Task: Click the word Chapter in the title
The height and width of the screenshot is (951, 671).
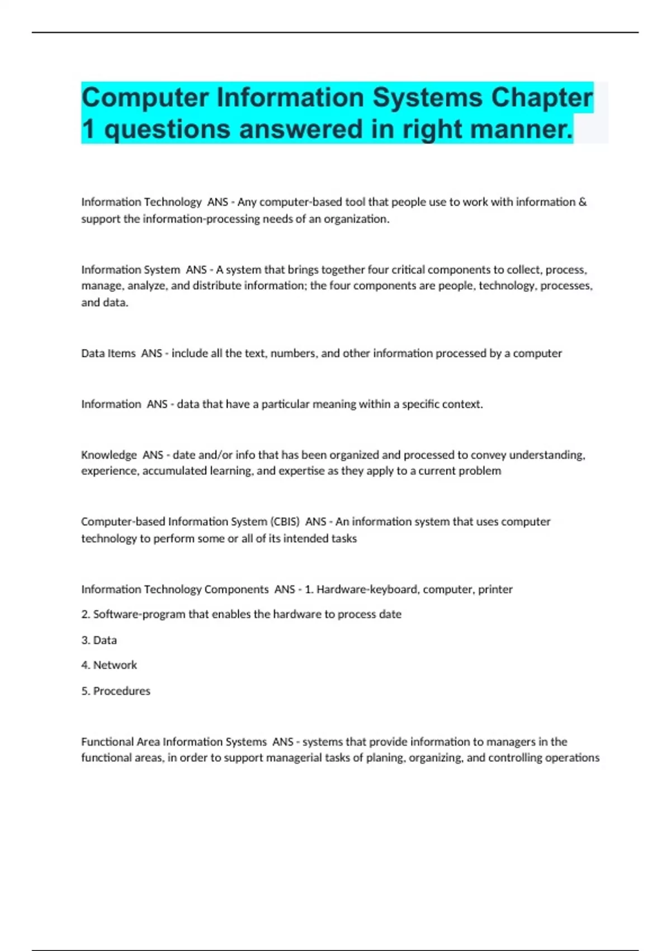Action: click(541, 98)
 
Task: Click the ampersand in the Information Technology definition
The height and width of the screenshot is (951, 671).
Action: click(583, 202)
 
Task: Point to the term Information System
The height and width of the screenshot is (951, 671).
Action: click(130, 270)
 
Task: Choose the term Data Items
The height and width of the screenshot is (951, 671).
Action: click(108, 354)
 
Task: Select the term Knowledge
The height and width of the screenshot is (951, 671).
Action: click(109, 455)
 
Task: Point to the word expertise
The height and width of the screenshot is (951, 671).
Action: click(301, 471)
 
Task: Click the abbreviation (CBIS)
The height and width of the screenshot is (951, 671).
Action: click(285, 522)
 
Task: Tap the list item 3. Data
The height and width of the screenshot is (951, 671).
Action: click(99, 640)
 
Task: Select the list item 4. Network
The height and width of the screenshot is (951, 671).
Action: click(109, 665)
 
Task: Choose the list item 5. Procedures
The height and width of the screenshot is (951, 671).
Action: click(116, 691)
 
